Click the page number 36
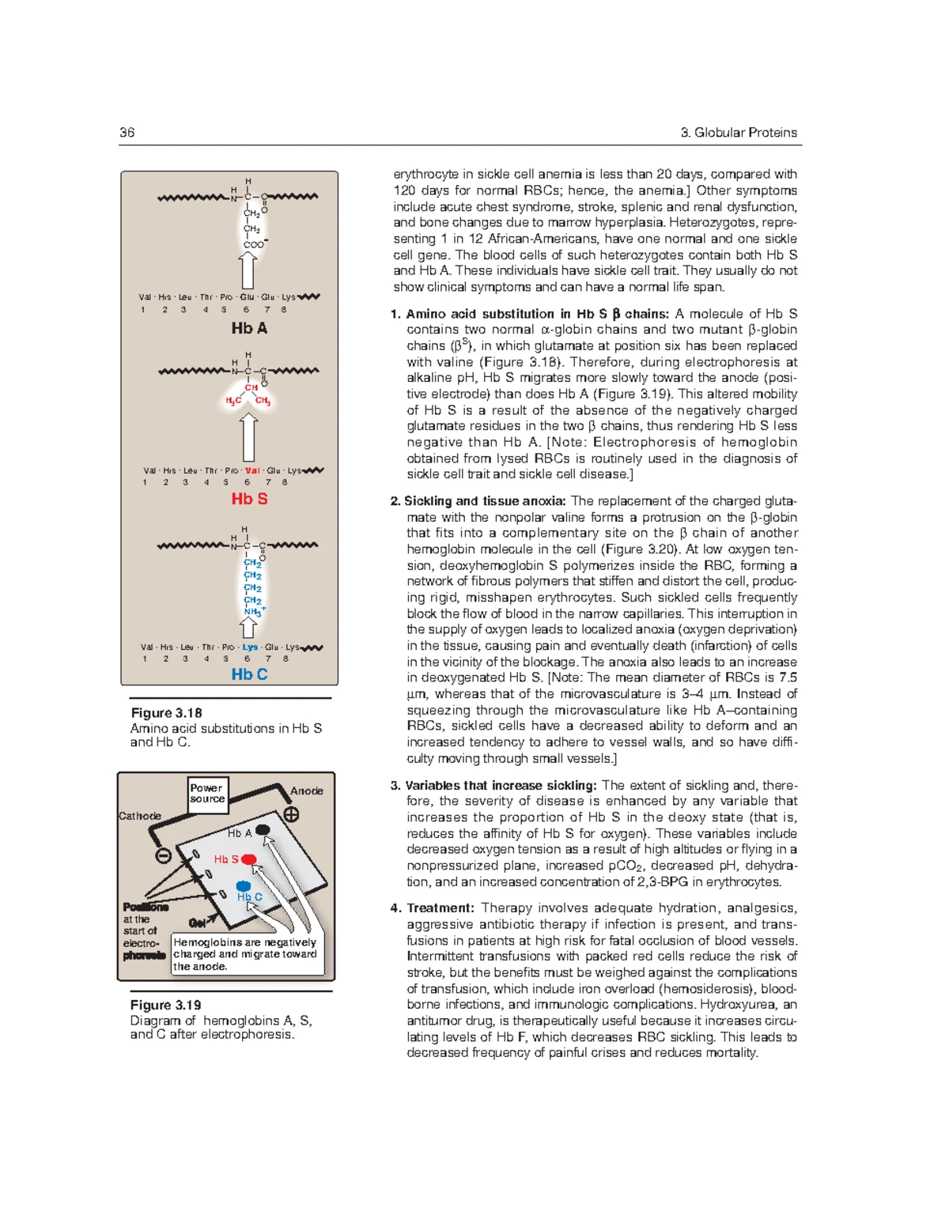coord(127,133)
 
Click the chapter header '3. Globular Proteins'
coord(739,133)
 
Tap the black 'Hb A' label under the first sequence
coord(249,328)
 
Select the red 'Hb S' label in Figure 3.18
coord(249,499)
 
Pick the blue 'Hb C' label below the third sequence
coord(249,674)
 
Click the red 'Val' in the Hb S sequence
coord(252,470)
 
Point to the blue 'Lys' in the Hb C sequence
coord(250,647)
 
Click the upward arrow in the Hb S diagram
coord(248,437)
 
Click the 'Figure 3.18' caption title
coord(166,713)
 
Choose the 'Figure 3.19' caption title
coord(166,1005)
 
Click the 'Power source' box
coord(207,794)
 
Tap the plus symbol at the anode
coord(291,815)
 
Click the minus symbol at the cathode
coord(163,855)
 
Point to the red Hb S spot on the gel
coord(248,859)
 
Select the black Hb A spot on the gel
coord(263,830)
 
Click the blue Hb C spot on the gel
coord(244,887)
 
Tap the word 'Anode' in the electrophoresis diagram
coord(306,791)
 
